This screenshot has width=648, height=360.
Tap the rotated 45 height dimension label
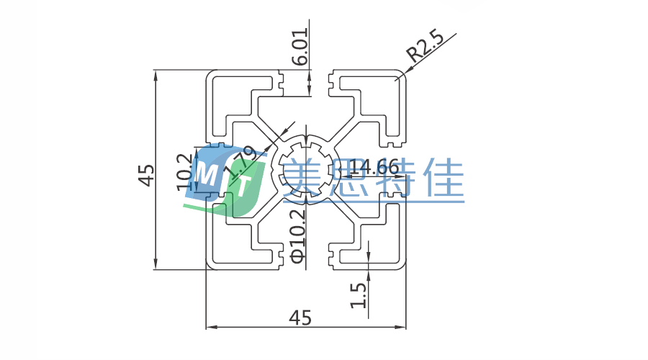[x=147, y=175]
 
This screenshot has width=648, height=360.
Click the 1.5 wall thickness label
[x=359, y=294]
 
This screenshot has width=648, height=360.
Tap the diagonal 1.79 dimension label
[x=239, y=163]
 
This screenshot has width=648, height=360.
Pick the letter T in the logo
[x=243, y=186]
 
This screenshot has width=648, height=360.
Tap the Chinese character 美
[x=306, y=177]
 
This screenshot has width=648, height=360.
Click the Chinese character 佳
[x=442, y=177]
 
